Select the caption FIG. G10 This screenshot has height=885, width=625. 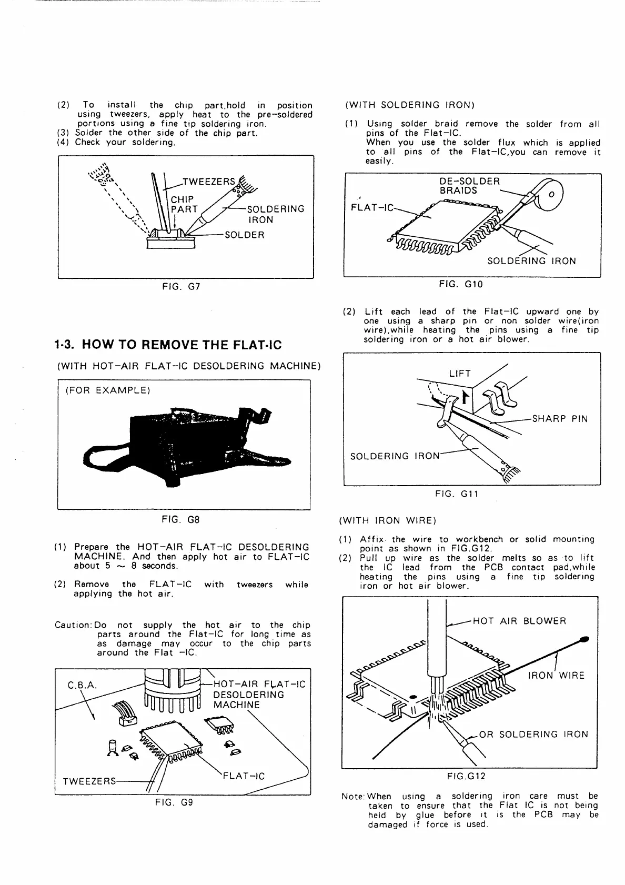[460, 285]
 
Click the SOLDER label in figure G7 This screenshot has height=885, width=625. [244, 235]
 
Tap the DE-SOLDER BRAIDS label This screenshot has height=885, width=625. [469, 186]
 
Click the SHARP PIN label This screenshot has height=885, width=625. [560, 419]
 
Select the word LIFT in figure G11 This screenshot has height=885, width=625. [460, 374]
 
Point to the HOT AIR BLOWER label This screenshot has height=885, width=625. [519, 621]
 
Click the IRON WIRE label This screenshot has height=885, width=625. [556, 675]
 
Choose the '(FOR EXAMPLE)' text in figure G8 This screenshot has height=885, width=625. [108, 390]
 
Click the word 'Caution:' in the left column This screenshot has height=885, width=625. [73, 625]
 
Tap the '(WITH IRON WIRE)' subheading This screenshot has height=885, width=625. [388, 521]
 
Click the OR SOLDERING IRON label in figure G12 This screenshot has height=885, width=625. [533, 735]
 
